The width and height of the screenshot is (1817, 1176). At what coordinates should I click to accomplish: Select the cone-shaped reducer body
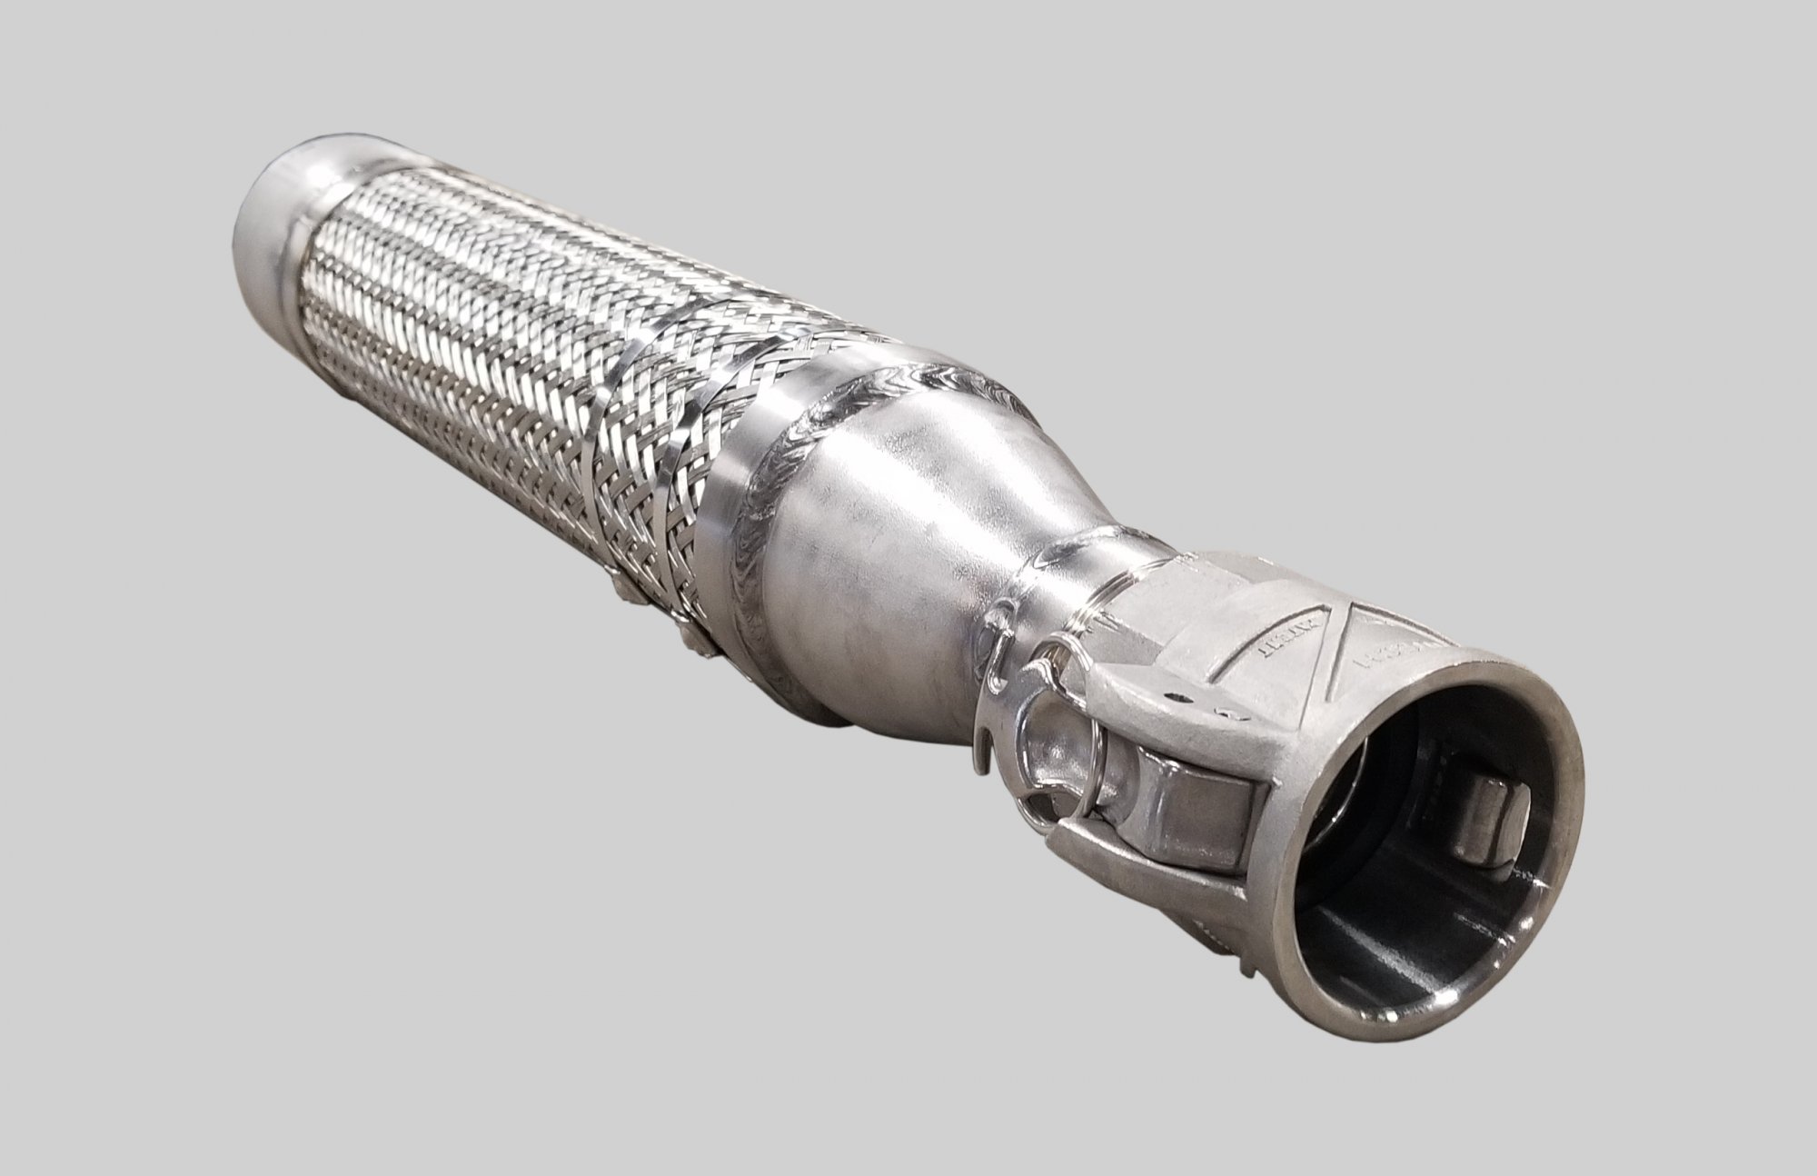tap(927, 527)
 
